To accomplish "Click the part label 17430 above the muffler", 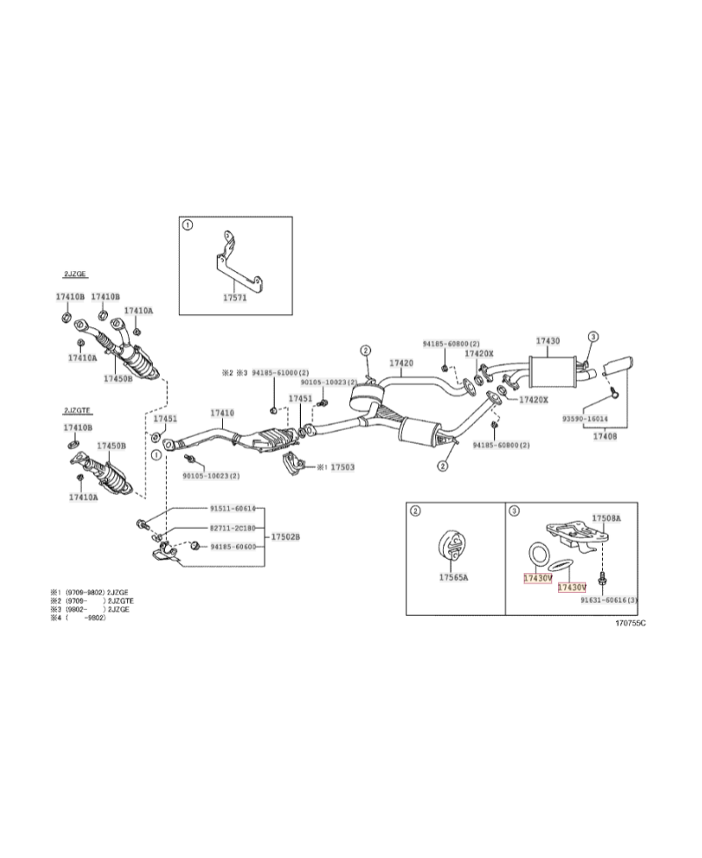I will click(548, 340).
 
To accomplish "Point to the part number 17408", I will click(605, 435).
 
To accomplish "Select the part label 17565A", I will click(454, 577).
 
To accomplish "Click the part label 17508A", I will click(605, 518).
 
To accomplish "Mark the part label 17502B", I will click(284, 536).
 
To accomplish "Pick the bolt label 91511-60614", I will click(232, 509).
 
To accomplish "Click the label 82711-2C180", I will click(232, 528).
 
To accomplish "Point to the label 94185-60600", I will click(232, 547).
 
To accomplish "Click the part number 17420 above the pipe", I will click(401, 362).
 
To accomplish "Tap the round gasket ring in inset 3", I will click(537, 554).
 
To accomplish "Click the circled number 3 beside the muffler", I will click(592, 336).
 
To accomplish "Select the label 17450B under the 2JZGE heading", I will click(118, 378).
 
